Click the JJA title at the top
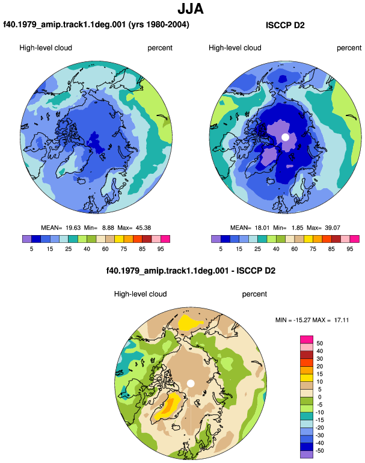(x=191, y=8)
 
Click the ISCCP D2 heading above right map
(x=285, y=25)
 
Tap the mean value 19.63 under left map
(x=73, y=228)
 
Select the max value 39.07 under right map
(x=332, y=228)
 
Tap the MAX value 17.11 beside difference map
(x=342, y=320)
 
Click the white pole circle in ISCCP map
(x=285, y=137)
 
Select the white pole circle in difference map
(x=191, y=384)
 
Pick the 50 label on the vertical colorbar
(x=319, y=343)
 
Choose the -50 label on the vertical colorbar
(x=319, y=451)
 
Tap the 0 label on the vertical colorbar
(x=319, y=397)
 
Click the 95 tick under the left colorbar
(x=161, y=249)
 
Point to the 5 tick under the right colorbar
(x=221, y=249)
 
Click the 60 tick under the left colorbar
(x=105, y=249)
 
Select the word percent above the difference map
(x=254, y=294)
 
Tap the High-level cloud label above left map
(x=46, y=48)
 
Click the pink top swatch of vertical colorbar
(x=307, y=339)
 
